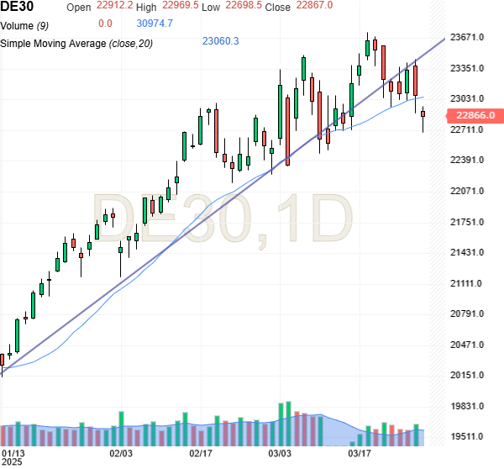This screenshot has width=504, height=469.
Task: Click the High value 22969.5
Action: [x=182, y=6]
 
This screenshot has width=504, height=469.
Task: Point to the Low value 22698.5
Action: [x=244, y=6]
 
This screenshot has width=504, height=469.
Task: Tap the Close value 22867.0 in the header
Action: [x=314, y=6]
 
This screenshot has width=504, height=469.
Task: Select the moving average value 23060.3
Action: [x=221, y=41]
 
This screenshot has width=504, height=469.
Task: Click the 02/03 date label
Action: [x=122, y=453]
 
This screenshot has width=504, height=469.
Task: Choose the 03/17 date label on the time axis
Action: [x=360, y=453]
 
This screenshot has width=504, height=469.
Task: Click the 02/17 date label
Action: [x=201, y=453]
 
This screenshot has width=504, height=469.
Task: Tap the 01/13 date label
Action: [x=13, y=453]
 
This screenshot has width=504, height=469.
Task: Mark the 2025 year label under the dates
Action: [x=13, y=463]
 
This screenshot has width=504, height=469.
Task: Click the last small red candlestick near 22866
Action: [x=423, y=114]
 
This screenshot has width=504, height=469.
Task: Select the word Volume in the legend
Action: [x=18, y=24]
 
